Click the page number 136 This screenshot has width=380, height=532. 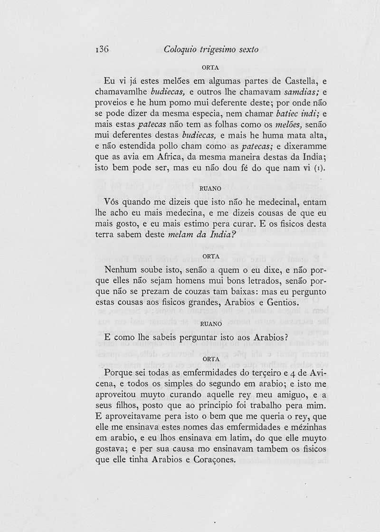click(x=103, y=49)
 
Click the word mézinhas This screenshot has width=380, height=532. click(x=308, y=427)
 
